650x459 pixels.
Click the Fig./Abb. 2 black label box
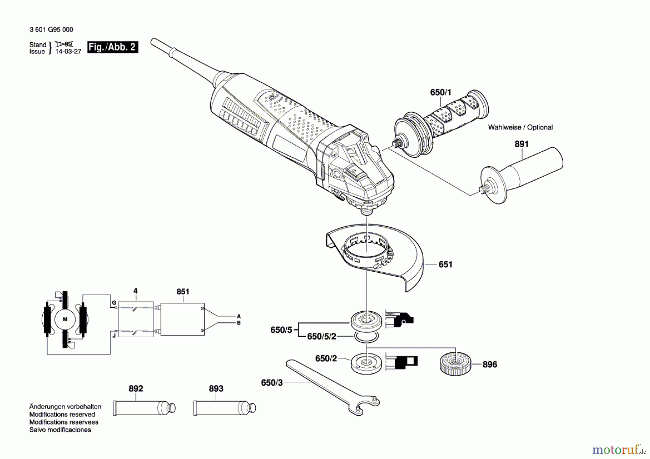pos(113,47)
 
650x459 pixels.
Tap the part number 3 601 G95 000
pos(51,30)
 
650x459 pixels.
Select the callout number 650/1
pos(441,92)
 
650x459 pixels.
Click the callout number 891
pos(521,144)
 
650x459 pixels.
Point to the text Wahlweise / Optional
pos(520,127)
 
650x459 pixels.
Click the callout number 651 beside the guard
pos(445,265)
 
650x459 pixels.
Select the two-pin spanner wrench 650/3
pos(332,387)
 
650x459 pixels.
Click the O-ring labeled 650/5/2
pos(367,337)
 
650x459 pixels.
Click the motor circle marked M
pos(65,319)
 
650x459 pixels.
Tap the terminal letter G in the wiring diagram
pos(114,303)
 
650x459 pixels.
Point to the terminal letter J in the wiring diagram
pos(114,336)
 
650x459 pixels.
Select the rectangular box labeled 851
pos(182,319)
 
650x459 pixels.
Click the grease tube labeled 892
pos(144,408)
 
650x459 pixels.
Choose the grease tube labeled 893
pos(225,408)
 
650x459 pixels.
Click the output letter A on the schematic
pos(239,316)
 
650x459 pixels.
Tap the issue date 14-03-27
pos(68,51)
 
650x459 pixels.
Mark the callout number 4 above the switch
pos(135,291)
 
